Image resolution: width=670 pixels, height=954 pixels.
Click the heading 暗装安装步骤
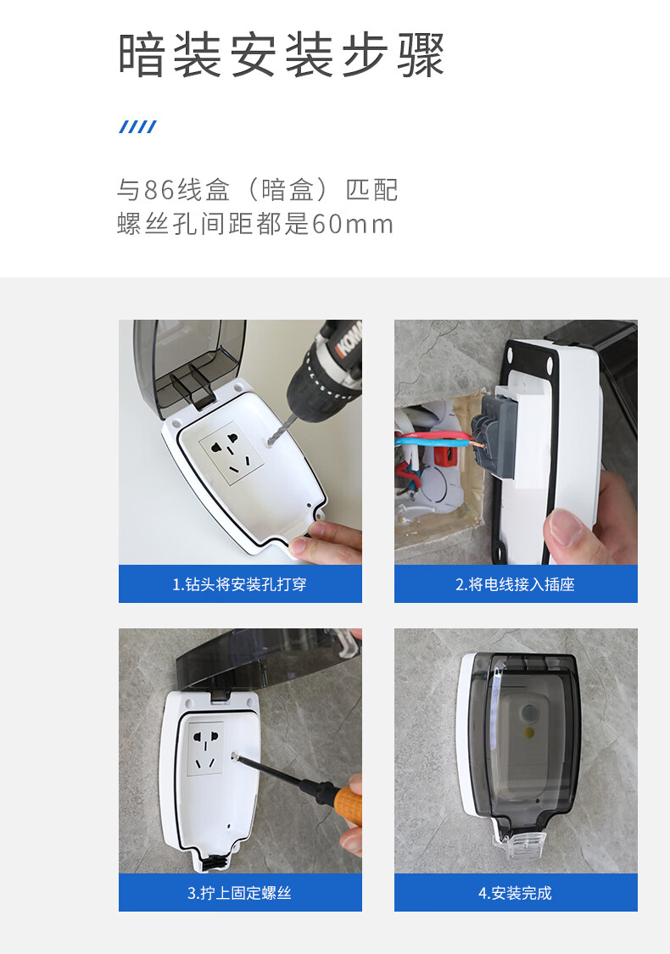(281, 55)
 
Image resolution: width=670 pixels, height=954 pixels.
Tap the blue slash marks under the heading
(138, 126)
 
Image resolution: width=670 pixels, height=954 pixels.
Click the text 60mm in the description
(352, 224)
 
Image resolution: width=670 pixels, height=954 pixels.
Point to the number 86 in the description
(159, 190)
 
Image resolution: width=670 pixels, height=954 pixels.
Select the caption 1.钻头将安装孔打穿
(240, 584)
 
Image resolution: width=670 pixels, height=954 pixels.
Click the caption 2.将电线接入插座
(516, 584)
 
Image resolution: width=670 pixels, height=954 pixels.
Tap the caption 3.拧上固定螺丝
(240, 893)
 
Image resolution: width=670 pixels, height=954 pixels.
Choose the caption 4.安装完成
(516, 893)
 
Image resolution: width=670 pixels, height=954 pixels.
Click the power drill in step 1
(322, 371)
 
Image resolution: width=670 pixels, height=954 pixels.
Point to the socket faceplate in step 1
(232, 454)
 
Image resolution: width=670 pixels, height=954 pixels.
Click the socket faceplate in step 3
(205, 749)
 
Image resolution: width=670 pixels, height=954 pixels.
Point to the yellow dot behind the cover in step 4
(529, 733)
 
